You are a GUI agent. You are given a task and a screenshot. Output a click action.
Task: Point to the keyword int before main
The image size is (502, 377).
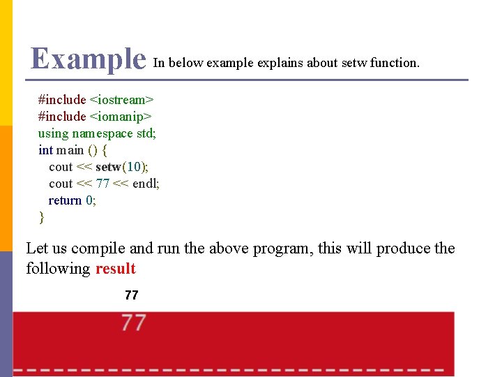[x=45, y=150]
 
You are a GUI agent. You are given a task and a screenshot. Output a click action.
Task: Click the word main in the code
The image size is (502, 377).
[x=70, y=150]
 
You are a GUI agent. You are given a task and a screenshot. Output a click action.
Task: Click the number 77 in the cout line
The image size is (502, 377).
[x=103, y=184]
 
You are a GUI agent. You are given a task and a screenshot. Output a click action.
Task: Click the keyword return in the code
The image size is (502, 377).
[x=65, y=200]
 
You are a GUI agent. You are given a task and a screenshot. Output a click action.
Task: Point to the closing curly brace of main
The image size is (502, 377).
[x=41, y=217]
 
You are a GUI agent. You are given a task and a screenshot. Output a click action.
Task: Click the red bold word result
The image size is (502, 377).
[x=115, y=269]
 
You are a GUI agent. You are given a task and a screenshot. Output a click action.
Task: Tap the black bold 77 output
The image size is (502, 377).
[x=131, y=295]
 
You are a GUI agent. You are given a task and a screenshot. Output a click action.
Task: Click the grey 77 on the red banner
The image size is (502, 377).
[x=134, y=323]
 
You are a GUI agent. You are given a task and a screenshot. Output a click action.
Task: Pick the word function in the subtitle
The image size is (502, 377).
[x=395, y=63]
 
